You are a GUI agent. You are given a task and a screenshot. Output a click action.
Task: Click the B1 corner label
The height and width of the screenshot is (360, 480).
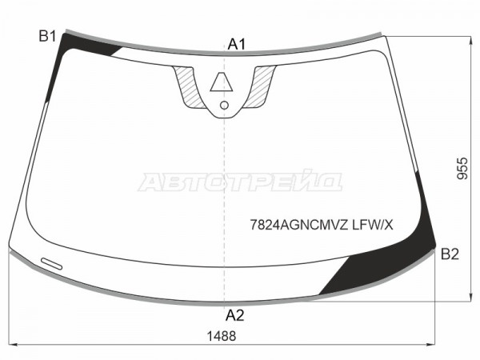[47, 36]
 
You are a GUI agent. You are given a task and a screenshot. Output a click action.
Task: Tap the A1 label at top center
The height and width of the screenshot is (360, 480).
[236, 44]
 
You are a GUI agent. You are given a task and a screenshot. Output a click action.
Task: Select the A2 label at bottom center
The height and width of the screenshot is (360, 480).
[234, 315]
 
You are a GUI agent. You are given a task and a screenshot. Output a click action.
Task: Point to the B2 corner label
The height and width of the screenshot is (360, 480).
[450, 254]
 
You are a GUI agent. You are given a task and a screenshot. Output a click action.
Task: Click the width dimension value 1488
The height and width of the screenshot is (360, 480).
[222, 336]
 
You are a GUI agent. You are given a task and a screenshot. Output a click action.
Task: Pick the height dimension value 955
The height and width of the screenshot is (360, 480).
[462, 168]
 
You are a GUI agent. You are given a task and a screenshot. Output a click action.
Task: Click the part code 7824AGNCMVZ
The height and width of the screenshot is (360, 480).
[299, 226]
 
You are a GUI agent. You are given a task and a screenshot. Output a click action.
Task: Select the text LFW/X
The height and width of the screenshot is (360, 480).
[372, 226]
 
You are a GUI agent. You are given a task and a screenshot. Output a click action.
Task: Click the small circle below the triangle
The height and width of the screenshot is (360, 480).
[224, 106]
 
